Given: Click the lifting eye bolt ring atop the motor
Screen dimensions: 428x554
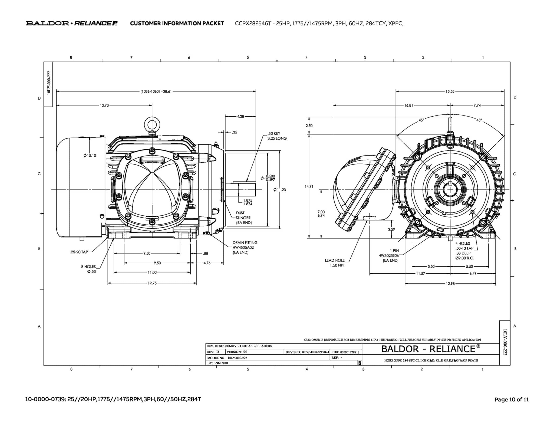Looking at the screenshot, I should pos(152,124).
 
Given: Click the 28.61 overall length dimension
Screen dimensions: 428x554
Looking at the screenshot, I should pos(156,91).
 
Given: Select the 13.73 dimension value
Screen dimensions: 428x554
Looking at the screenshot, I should pos(104,105).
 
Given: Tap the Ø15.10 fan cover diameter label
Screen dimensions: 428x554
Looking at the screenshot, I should pos(90,156).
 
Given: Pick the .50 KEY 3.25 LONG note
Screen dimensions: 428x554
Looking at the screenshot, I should pos(277,136).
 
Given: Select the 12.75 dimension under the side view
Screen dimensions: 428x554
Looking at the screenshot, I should pos(152,283).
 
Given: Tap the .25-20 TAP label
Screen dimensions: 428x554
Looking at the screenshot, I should pos(79,252).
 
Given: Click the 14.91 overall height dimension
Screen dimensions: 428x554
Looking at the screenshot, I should pos(309,186).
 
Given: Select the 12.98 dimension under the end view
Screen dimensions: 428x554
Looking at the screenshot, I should pos(450,284).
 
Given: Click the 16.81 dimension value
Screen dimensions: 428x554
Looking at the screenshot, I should pos(409,105).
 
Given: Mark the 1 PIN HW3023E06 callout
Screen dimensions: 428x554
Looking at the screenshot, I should pos(389,255).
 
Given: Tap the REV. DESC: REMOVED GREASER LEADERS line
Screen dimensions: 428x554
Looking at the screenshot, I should pos(239,346).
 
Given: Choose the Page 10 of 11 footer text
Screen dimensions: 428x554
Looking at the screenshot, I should pos(512,399).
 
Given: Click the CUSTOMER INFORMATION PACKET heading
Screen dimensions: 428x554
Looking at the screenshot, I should pos(177,24).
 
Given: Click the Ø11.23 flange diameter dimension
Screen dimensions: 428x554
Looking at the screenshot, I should pos(280,190).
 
